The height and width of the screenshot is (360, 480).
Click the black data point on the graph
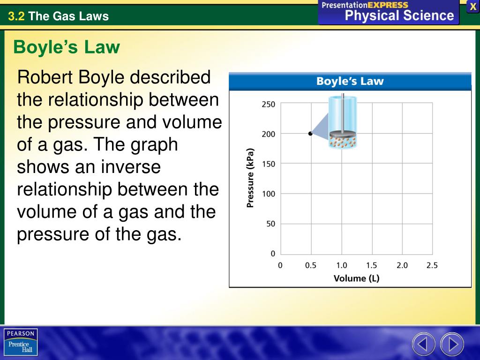click(310, 134)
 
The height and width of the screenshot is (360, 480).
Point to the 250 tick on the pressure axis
click(269, 105)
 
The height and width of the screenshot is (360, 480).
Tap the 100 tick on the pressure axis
click(269, 194)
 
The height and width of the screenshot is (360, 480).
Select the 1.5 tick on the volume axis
click(371, 265)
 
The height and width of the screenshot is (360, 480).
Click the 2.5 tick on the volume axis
click(432, 265)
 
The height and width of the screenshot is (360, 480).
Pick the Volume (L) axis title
click(356, 278)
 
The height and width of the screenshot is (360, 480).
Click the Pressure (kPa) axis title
click(250, 178)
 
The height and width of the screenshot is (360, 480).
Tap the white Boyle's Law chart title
click(350, 81)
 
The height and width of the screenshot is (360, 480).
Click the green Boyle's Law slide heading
click(67, 47)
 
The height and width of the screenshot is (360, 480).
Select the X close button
click(473, 7)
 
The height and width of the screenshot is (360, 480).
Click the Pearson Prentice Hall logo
click(21, 342)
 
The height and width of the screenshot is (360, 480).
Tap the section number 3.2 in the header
click(15, 17)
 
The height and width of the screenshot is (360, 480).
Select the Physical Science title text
click(399, 15)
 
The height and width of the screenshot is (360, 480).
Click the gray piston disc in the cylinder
click(343, 135)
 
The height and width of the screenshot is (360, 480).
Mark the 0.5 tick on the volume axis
click(311, 265)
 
